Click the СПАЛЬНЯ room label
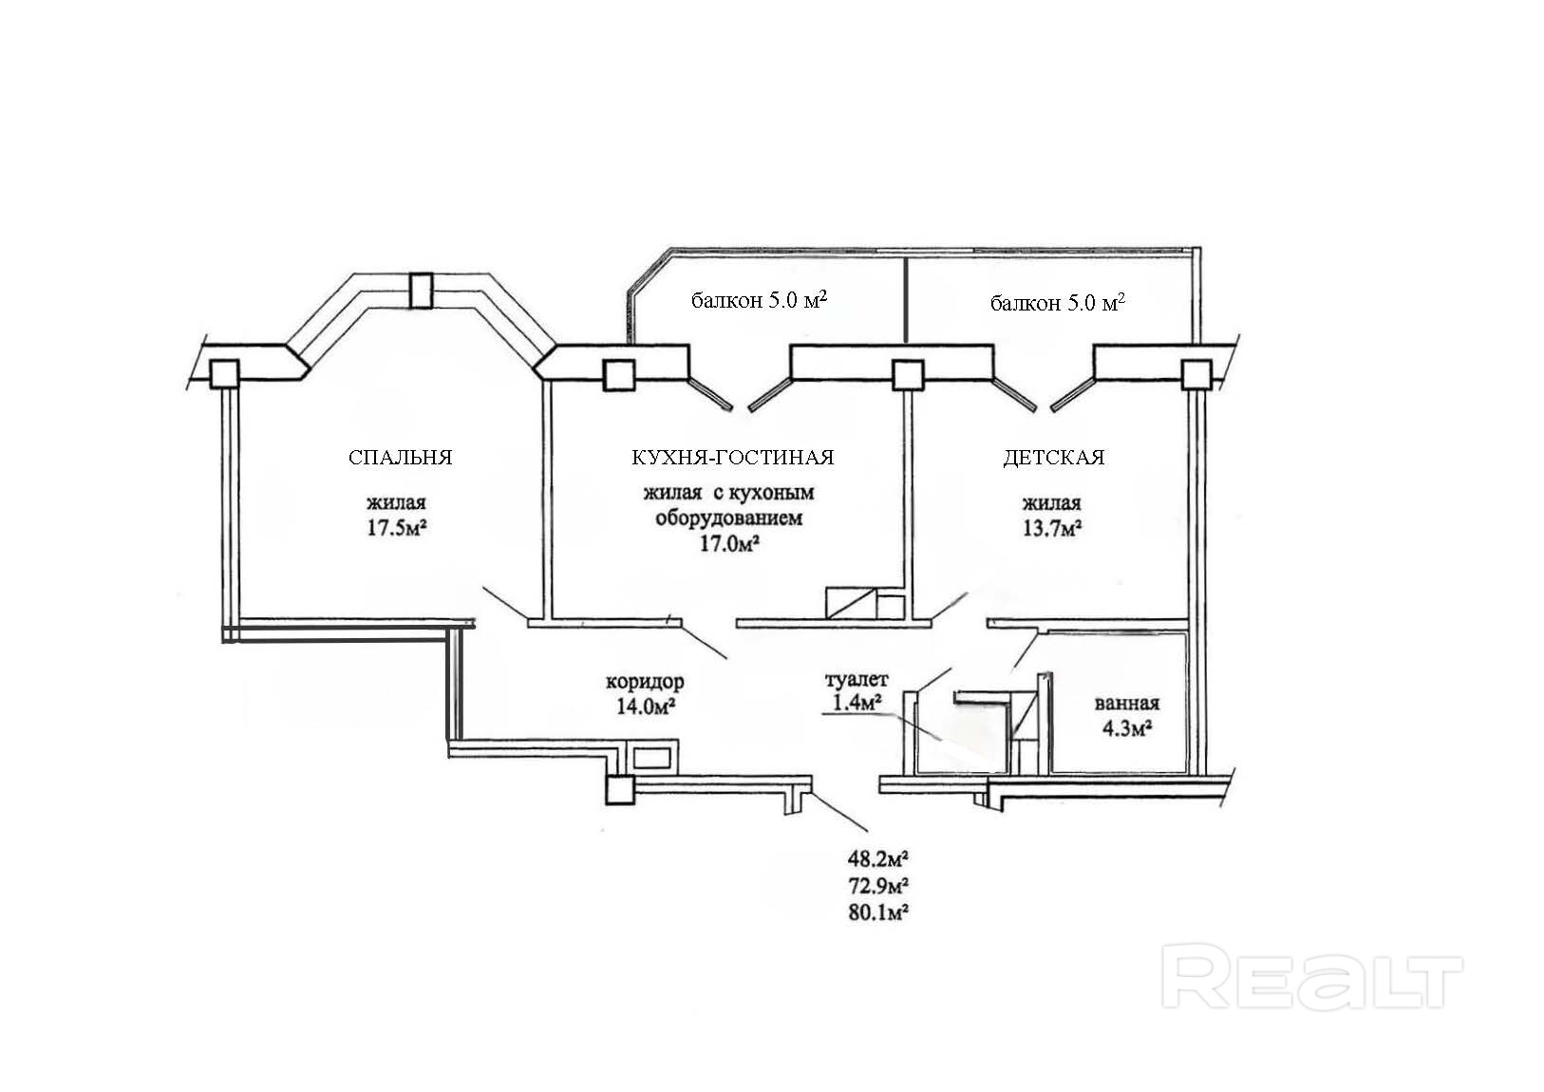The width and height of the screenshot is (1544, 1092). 400,458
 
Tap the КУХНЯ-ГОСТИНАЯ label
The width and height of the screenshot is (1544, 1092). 732,458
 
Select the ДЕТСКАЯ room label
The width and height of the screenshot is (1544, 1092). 1053,458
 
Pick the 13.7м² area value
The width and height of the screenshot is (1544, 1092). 1052,527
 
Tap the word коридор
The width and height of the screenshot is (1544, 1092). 644,682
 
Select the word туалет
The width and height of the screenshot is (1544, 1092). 856,680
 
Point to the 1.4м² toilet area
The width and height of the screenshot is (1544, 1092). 856,702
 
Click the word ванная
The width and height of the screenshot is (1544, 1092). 1126,704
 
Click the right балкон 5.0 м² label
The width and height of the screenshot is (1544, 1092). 1057,303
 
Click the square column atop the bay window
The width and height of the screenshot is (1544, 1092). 419,291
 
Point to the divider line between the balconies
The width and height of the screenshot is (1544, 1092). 907,298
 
